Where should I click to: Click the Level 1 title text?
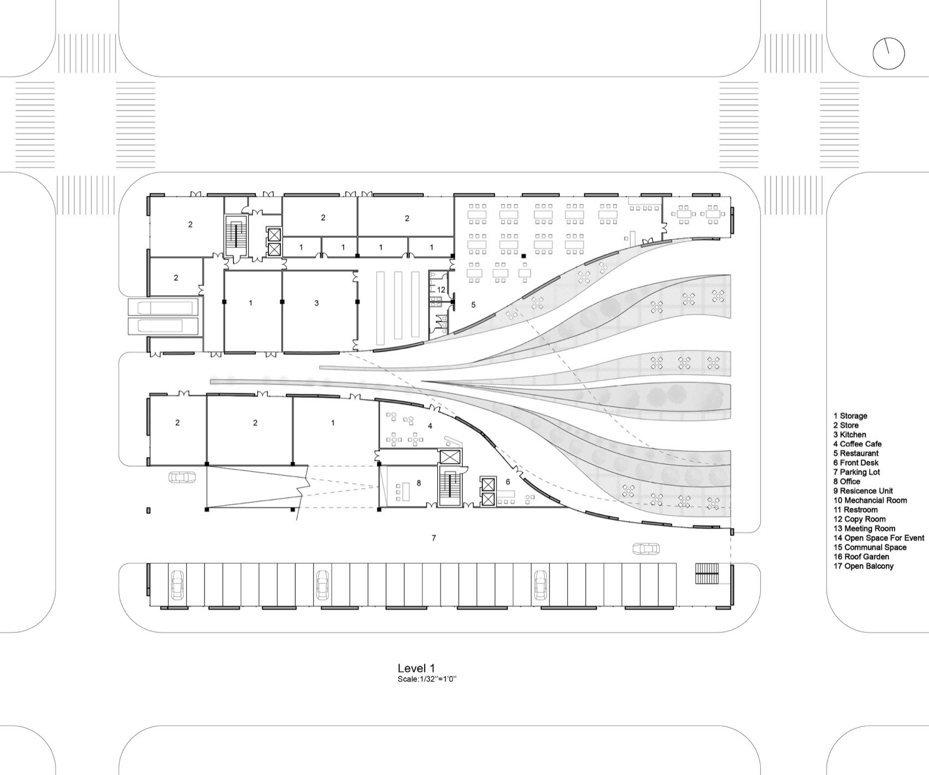(416, 668)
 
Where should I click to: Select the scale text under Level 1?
(427, 679)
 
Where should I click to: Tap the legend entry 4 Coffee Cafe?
(857, 444)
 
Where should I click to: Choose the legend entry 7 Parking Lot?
(856, 472)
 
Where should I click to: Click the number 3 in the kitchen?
(316, 303)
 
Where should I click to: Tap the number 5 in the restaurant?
(473, 305)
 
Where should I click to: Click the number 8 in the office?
(419, 483)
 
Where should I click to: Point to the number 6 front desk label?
(508, 482)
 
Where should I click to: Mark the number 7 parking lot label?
(434, 538)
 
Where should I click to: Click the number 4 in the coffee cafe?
(430, 425)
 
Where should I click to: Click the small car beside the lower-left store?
(183, 476)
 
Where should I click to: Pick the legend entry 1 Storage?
(850, 416)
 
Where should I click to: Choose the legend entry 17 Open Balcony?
(863, 566)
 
